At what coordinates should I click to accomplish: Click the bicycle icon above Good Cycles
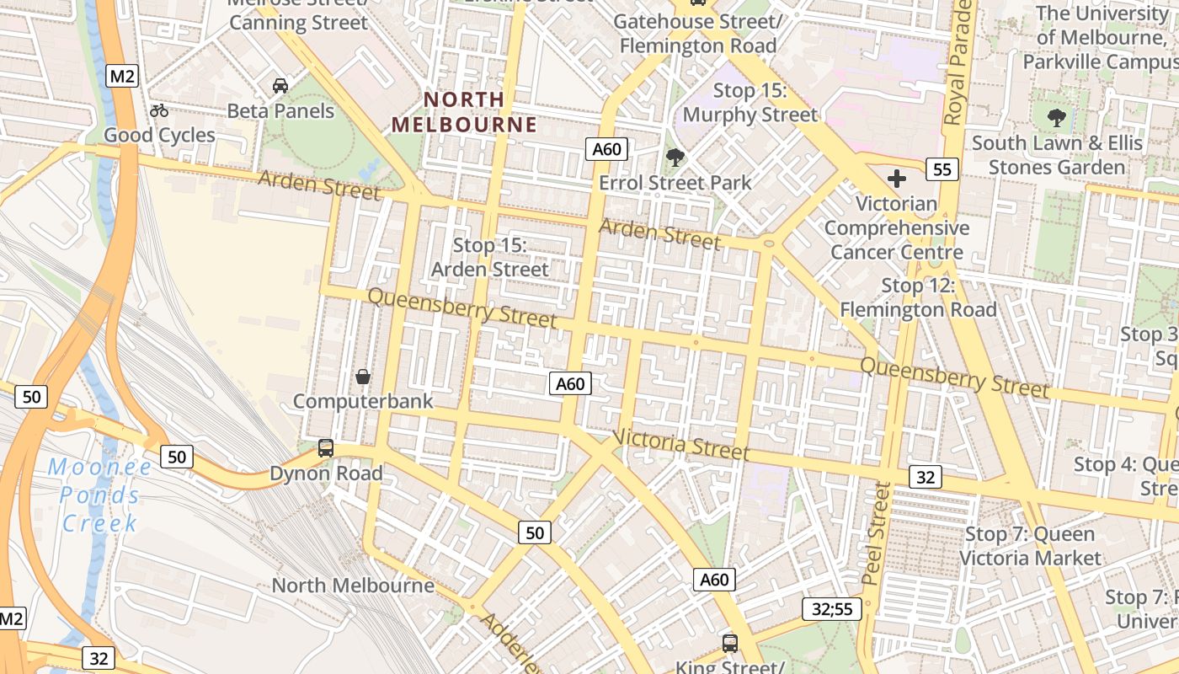pyautogui.click(x=158, y=110)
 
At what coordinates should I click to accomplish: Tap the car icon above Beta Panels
pyautogui.click(x=280, y=86)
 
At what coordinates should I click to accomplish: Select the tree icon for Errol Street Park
pyautogui.click(x=675, y=158)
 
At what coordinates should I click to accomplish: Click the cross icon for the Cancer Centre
pyautogui.click(x=897, y=179)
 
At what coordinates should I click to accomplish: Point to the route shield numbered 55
pyautogui.click(x=942, y=169)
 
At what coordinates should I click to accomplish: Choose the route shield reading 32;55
pyautogui.click(x=832, y=609)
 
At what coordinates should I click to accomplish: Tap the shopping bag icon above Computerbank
pyautogui.click(x=363, y=377)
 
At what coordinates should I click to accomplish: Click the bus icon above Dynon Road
pyautogui.click(x=326, y=448)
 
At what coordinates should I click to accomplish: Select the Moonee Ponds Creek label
pyautogui.click(x=99, y=495)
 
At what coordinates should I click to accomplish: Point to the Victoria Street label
pyautogui.click(x=680, y=444)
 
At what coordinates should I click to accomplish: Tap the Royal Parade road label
pyautogui.click(x=960, y=63)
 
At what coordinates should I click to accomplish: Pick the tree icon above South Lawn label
pyautogui.click(x=1057, y=118)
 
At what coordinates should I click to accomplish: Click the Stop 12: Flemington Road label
pyautogui.click(x=918, y=297)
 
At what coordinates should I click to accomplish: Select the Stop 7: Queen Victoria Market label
pyautogui.click(x=1030, y=546)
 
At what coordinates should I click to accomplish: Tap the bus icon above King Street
pyautogui.click(x=730, y=643)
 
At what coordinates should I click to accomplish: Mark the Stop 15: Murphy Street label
pyautogui.click(x=750, y=102)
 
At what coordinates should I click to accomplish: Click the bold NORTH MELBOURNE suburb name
pyautogui.click(x=464, y=112)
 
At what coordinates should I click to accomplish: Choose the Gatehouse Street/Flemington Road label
pyautogui.click(x=698, y=33)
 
